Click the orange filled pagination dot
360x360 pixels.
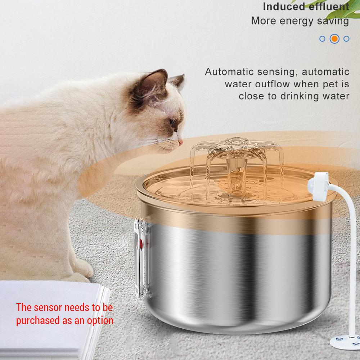(x=334, y=39)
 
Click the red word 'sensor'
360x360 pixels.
(x=50, y=308)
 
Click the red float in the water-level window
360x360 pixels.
(x=141, y=244)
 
